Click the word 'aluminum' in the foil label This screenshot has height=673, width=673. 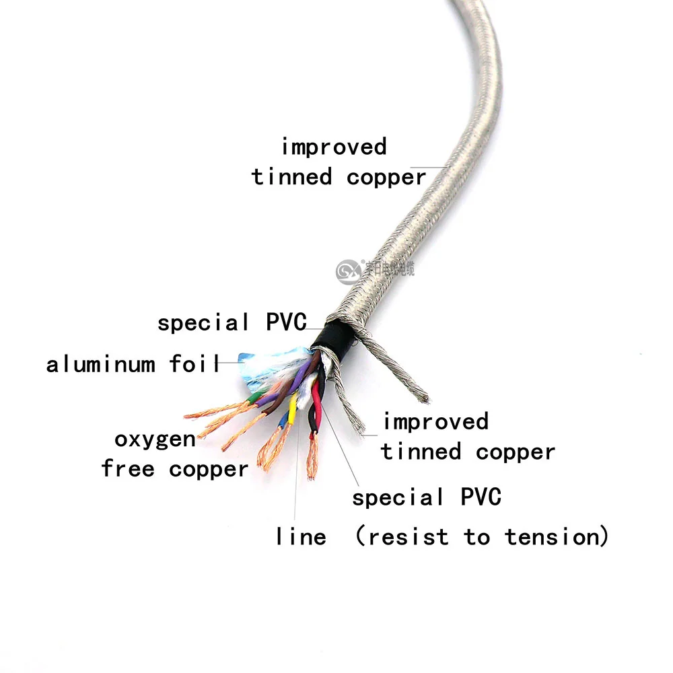coord(101,365)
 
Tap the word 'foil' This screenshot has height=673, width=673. coord(195,365)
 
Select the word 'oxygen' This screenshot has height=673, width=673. coord(155,441)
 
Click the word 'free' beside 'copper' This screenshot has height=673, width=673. coord(129,468)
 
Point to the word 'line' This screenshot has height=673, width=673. coord(301,537)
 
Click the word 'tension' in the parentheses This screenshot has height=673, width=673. coord(551,537)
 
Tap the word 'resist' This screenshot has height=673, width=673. coord(408,537)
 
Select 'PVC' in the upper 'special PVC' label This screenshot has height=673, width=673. coord(286,322)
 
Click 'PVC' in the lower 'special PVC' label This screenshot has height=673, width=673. coord(481,498)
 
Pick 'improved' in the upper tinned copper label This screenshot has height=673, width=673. coord(334,147)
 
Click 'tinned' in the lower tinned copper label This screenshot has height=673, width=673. coord(421,452)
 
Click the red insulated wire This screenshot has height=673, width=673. coord(316,400)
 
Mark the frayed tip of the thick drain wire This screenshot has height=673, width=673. coord(422,397)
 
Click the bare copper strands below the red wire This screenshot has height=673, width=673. coord(312,458)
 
